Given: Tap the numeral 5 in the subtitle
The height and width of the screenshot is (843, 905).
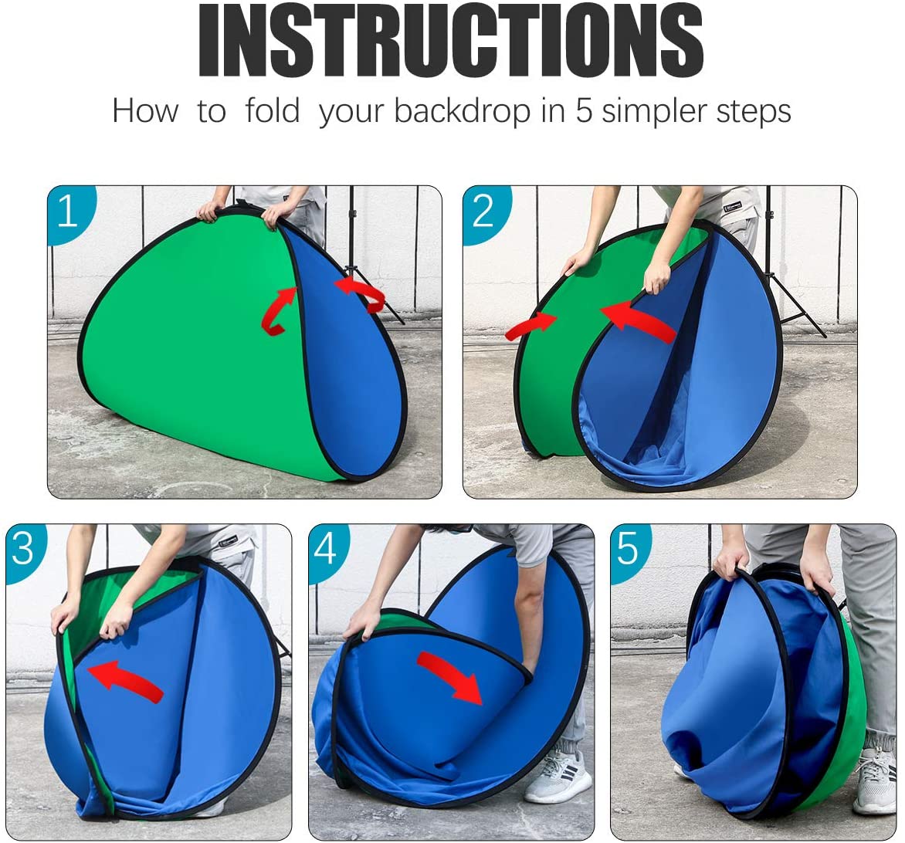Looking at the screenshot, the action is pos(584,110).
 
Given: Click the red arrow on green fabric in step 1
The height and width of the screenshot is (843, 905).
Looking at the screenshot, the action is pos(279,311).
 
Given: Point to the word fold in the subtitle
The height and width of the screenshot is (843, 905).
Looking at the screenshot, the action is pos(272,110).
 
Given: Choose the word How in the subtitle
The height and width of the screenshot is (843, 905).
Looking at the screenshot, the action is pos(145,110).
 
